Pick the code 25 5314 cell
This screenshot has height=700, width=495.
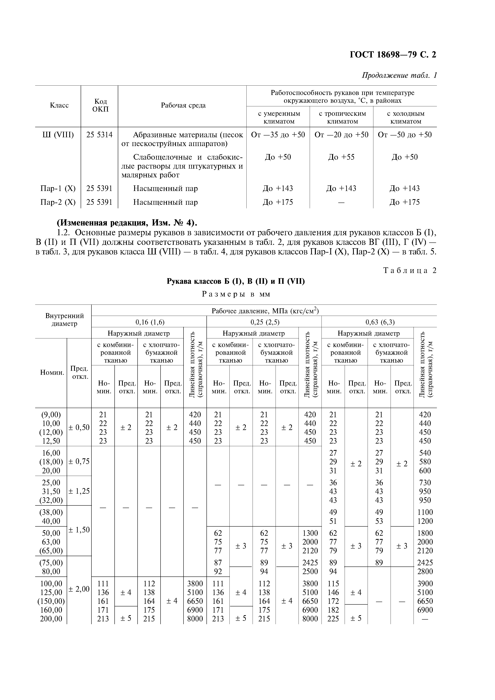[99, 135]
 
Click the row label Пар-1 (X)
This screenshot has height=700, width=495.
[58, 188]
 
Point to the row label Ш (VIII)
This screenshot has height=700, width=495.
[58, 135]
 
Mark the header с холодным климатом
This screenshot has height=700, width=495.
[405, 117]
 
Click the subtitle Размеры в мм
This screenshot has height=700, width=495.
[236, 294]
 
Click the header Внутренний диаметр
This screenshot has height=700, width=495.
[64, 319]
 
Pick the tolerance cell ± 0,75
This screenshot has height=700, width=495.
[79, 462]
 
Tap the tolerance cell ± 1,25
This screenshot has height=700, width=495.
[79, 491]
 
